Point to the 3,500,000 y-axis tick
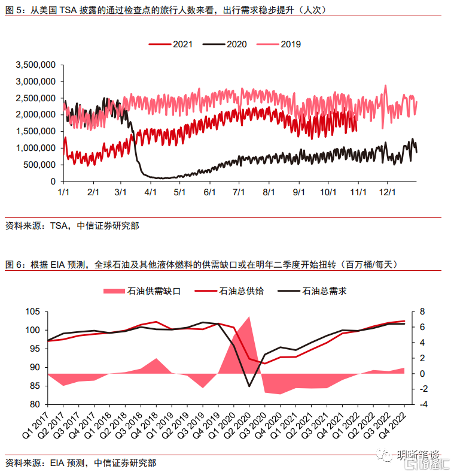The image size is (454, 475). (36, 65)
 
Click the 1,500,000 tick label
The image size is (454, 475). (36, 131)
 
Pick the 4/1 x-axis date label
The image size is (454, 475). (150, 192)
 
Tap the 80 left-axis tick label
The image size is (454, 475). (34, 405)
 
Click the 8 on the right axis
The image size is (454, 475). (422, 312)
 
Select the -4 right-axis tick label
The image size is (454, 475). (423, 405)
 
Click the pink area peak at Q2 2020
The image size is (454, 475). (249, 317)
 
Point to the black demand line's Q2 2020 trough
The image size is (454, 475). (249, 386)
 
